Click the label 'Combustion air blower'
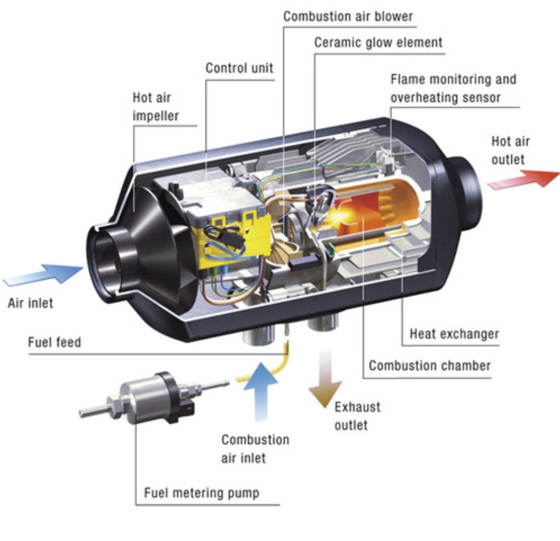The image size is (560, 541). pyautogui.click(x=348, y=16)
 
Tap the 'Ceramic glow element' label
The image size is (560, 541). pyautogui.click(x=378, y=43)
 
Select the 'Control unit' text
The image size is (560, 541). pyautogui.click(x=239, y=69)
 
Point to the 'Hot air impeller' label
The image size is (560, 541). pyautogui.click(x=156, y=107)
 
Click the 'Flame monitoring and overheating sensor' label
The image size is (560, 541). pyautogui.click(x=453, y=88)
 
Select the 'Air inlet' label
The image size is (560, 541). pyautogui.click(x=31, y=302)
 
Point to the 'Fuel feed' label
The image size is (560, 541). pyautogui.click(x=54, y=343)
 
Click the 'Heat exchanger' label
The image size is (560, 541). pyautogui.click(x=454, y=333)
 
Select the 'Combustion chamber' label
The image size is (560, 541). pyautogui.click(x=429, y=365)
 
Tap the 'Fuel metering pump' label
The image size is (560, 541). pyautogui.click(x=201, y=492)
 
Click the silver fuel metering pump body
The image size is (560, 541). pyautogui.click(x=142, y=399)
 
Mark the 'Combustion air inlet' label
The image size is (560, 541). pyautogui.click(x=255, y=448)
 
